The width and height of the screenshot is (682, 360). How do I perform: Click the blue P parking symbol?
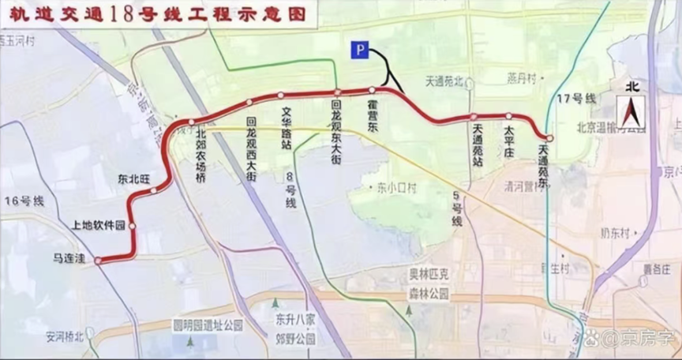click(360, 51)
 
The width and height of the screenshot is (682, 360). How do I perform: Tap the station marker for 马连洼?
click(98, 261)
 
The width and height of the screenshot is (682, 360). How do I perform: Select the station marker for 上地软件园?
click(133, 226)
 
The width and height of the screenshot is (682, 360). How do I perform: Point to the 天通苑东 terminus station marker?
click(549, 138)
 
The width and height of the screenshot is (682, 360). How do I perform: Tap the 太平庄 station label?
click(509, 140)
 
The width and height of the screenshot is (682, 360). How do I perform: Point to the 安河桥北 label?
click(64, 336)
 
